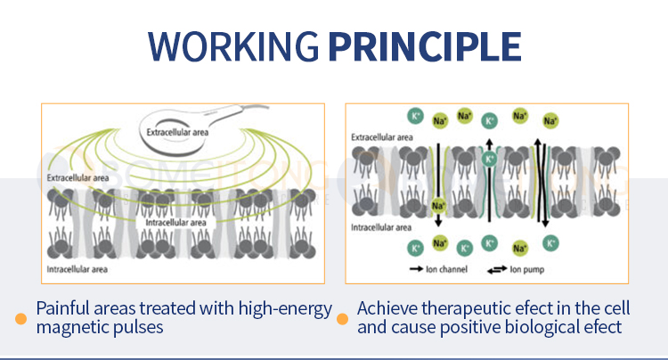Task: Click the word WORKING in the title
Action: point(234,45)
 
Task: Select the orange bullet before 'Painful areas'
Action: point(20,318)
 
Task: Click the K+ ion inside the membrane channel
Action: point(489,159)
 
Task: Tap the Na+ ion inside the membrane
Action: point(438,206)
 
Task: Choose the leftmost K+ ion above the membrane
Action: point(415,116)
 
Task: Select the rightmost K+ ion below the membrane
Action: point(551,242)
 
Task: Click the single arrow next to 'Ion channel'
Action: point(415,267)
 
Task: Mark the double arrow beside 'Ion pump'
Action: point(496,267)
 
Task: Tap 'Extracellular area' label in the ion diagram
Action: point(382,137)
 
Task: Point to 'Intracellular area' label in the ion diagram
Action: point(381,227)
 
